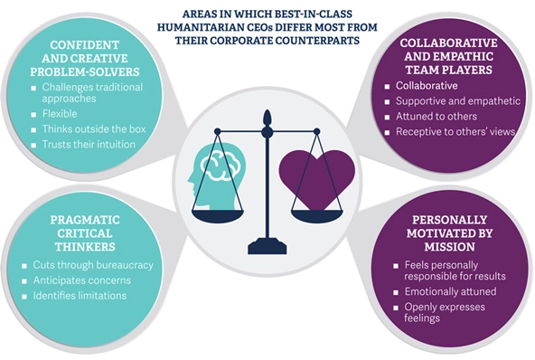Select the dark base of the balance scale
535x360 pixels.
(x=267, y=247)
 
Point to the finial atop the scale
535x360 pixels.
(x=267, y=118)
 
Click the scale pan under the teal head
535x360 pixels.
(x=218, y=216)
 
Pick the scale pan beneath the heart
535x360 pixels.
(x=316, y=216)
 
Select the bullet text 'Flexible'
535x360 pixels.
(x=60, y=114)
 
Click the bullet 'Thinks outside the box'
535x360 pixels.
(x=94, y=129)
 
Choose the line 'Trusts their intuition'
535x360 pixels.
(x=89, y=145)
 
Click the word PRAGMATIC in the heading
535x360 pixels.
(x=85, y=220)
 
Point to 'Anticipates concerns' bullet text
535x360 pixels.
(x=82, y=280)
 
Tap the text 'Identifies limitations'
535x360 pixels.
(x=80, y=296)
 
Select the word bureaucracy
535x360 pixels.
(x=123, y=265)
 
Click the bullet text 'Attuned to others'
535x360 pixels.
(x=436, y=117)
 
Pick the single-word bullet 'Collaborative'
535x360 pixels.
(x=427, y=86)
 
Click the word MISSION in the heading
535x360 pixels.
(x=450, y=247)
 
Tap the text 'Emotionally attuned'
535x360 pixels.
(x=450, y=291)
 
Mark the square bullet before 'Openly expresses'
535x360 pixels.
(x=396, y=308)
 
